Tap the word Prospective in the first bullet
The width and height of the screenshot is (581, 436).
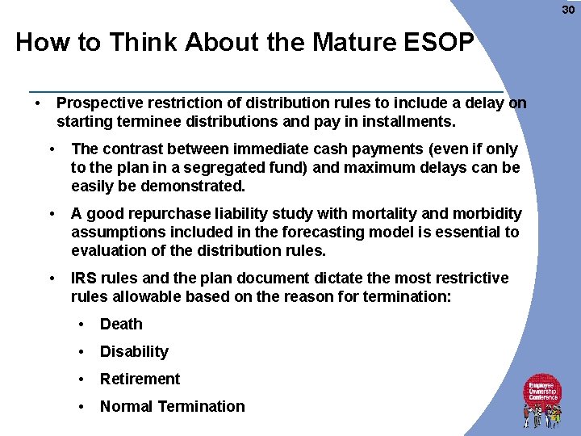pyautogui.click(x=98, y=103)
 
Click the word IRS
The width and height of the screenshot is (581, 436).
pyautogui.click(x=85, y=278)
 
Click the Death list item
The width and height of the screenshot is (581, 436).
pyautogui.click(x=121, y=325)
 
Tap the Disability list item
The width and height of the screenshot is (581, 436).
pyautogui.click(x=134, y=352)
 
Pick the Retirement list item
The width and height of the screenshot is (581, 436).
pyautogui.click(x=140, y=379)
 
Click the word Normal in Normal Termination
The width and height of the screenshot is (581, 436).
pyautogui.click(x=126, y=407)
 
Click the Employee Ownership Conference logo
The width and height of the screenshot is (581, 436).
pyautogui.click(x=543, y=399)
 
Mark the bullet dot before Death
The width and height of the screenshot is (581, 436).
pyautogui.click(x=82, y=325)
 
